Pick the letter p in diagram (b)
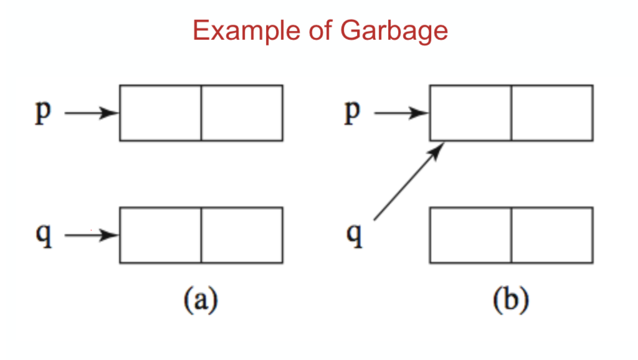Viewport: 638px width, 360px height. coord(353,113)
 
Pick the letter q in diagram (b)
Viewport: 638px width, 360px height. coord(354,235)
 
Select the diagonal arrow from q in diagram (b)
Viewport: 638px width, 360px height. coord(408,182)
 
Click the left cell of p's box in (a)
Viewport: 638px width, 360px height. coord(160,113)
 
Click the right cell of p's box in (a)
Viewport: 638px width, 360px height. coord(242,113)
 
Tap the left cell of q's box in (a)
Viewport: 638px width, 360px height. coord(160,235)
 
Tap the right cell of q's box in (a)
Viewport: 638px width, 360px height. coord(242,235)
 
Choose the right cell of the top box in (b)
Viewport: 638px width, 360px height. coord(551,113)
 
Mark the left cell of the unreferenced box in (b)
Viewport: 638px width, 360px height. coord(470,235)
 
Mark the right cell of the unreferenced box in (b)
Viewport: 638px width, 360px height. coord(551,235)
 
